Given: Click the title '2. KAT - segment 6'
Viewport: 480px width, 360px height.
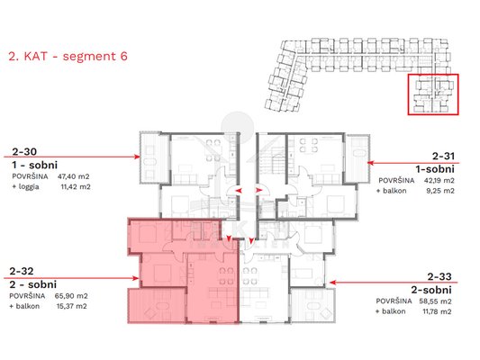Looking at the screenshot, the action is (x=68, y=57).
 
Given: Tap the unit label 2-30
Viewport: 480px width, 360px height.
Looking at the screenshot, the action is (x=24, y=151).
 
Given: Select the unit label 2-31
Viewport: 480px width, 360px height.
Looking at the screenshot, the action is (x=443, y=157).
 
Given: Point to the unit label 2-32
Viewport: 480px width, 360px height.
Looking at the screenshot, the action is (x=22, y=271).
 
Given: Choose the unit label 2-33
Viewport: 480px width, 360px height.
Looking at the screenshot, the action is (x=439, y=277).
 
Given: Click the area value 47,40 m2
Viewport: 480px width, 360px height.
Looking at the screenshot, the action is (x=74, y=176).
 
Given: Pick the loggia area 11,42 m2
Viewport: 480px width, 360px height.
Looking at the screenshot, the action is (x=76, y=186).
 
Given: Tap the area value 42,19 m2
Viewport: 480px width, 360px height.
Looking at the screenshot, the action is (x=439, y=181).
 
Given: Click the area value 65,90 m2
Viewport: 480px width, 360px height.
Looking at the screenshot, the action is (x=71, y=296).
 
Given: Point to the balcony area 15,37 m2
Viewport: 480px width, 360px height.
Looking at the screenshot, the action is (x=72, y=306).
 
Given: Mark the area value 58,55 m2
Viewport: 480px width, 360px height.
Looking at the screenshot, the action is (x=435, y=301).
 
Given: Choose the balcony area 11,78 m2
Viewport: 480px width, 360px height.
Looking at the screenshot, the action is (x=437, y=311).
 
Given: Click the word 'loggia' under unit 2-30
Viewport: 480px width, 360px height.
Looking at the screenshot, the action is (x=29, y=186).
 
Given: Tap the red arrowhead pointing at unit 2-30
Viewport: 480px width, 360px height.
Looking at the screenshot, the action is (x=137, y=157).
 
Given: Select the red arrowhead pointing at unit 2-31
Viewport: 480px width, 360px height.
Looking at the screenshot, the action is (x=370, y=163).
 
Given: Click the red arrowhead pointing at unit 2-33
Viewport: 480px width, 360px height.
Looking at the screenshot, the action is (x=332, y=283).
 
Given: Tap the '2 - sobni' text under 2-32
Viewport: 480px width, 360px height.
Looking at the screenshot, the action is (x=33, y=284).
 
